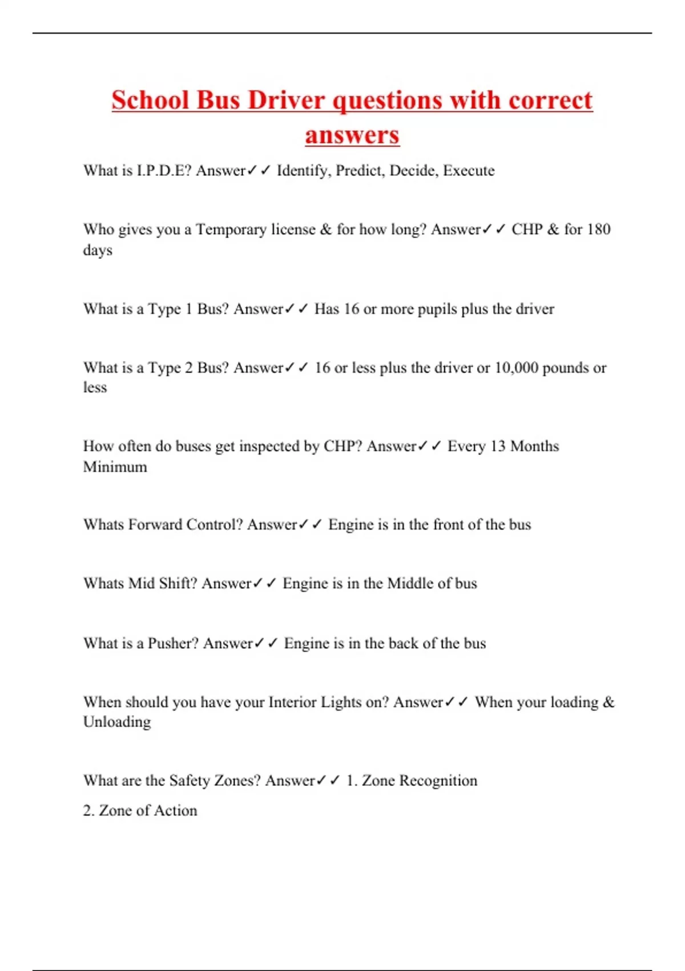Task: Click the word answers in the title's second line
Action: point(352,135)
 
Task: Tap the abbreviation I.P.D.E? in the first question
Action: point(164,170)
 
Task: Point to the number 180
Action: point(598,229)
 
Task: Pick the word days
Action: point(98,250)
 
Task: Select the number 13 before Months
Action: point(498,446)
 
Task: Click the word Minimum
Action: point(115,467)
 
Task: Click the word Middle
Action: point(410,583)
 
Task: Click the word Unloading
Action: point(117,722)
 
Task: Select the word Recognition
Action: point(438,781)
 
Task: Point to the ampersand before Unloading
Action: point(609,702)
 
